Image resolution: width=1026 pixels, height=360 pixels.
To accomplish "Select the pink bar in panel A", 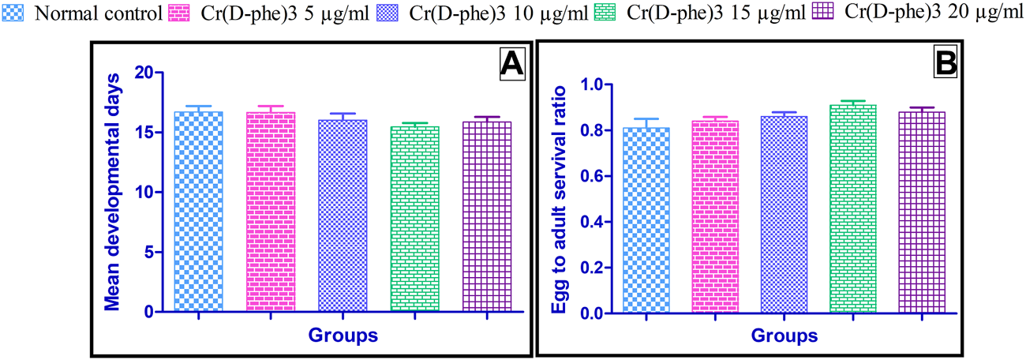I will [x=271, y=212].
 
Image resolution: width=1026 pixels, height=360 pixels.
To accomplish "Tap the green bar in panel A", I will [x=415, y=218].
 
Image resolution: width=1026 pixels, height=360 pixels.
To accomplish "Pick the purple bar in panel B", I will [x=920, y=212].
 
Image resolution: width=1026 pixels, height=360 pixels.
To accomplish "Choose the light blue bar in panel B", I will [x=646, y=220].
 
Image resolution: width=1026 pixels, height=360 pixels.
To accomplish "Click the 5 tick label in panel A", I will [x=148, y=253].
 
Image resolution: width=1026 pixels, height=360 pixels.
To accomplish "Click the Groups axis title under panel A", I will [x=343, y=334].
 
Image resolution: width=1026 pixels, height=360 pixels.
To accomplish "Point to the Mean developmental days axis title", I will [x=114, y=190].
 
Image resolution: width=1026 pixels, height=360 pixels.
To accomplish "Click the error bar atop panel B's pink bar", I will [x=714, y=118].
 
